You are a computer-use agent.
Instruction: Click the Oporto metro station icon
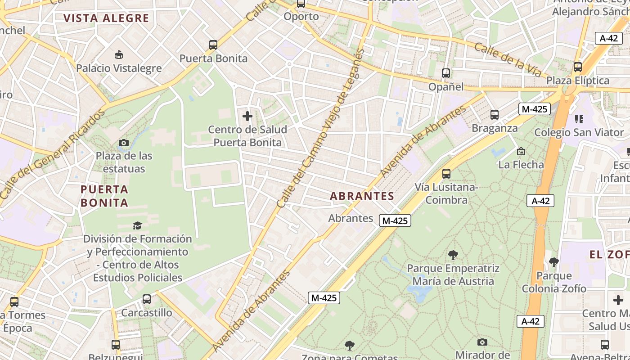pyautogui.click(x=301, y=4)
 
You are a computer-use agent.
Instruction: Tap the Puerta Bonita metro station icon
pyautogui.click(x=213, y=45)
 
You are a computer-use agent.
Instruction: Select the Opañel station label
pyautogui.click(x=445, y=87)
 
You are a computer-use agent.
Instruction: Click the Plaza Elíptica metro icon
pyautogui.click(x=578, y=67)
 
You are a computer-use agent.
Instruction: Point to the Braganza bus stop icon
pyautogui.click(x=495, y=115)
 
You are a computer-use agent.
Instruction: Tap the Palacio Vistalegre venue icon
pyautogui.click(x=119, y=55)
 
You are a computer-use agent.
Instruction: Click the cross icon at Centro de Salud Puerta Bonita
pyautogui.click(x=247, y=117)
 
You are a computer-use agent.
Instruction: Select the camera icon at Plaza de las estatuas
pyautogui.click(x=123, y=143)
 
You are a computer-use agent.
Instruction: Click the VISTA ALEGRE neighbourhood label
pyautogui.click(x=106, y=18)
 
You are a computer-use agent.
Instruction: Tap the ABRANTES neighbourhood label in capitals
pyautogui.click(x=362, y=196)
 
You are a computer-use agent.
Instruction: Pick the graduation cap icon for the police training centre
pyautogui.click(x=137, y=225)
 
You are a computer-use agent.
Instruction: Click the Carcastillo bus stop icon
pyautogui.click(x=146, y=299)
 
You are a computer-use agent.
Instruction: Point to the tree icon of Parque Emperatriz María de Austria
pyautogui.click(x=453, y=255)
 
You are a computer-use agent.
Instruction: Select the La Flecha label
pyautogui.click(x=521, y=165)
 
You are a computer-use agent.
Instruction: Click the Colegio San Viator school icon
pyautogui.click(x=579, y=119)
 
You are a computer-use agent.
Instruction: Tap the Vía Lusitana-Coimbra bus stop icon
pyautogui.click(x=446, y=174)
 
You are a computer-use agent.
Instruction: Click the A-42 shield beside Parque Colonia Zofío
pyautogui.click(x=540, y=201)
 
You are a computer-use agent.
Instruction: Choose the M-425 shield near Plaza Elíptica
pyautogui.click(x=535, y=109)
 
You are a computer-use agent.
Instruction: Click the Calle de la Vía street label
pyautogui.click(x=507, y=60)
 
